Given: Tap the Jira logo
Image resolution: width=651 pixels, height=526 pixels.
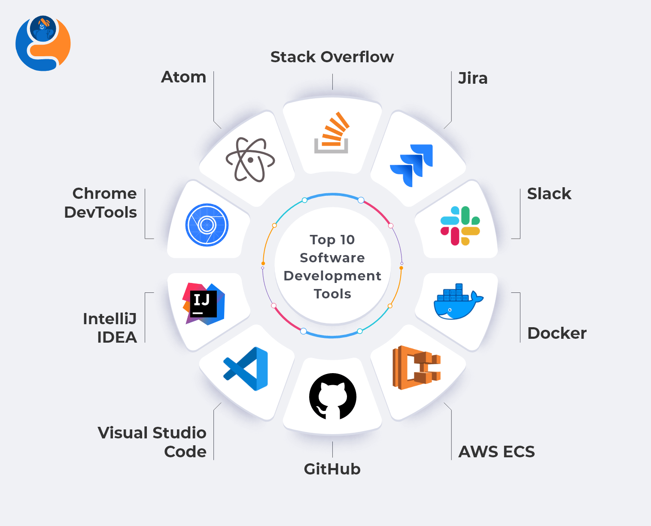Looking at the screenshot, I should [x=412, y=165].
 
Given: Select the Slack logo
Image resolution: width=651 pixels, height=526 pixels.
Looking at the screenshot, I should [x=460, y=226].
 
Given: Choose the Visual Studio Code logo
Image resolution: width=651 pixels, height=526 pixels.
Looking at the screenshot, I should [x=246, y=369].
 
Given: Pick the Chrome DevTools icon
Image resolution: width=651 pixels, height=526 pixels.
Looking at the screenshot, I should [x=207, y=225].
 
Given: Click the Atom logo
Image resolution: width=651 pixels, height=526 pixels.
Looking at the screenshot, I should [x=250, y=160].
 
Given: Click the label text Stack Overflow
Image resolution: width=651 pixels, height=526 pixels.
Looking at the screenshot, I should [x=332, y=57].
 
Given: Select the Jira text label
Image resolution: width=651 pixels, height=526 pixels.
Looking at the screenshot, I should [x=473, y=79].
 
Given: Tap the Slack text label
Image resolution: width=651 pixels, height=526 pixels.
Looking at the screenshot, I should [x=549, y=194].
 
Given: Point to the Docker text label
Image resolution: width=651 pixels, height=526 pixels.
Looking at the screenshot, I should [x=557, y=333].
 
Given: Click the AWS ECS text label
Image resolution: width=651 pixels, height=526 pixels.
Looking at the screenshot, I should [x=497, y=452].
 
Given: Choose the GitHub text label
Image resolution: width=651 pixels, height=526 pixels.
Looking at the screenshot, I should [x=332, y=469].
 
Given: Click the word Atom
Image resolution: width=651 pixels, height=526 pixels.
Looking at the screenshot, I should [x=184, y=77].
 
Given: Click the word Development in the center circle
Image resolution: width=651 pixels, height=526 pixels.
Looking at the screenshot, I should [x=332, y=276].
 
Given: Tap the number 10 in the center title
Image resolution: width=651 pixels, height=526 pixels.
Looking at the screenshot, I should [x=347, y=240].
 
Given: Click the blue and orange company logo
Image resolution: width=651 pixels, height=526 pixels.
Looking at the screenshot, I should [x=43, y=43].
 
